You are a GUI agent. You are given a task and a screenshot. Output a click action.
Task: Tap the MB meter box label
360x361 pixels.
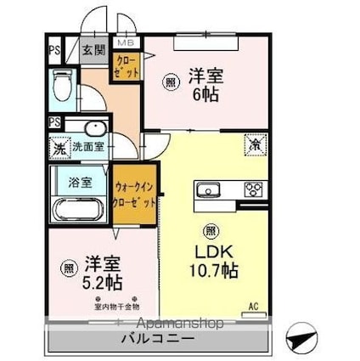(125, 42)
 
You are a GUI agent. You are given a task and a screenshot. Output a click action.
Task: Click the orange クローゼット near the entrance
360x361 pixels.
(124, 68)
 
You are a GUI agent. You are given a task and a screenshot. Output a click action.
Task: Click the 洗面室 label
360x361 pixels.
(87, 147)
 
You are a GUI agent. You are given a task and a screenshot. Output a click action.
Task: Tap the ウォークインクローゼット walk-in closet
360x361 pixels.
(135, 197)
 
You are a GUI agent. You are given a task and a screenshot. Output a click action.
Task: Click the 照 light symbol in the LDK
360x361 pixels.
(209, 230)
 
